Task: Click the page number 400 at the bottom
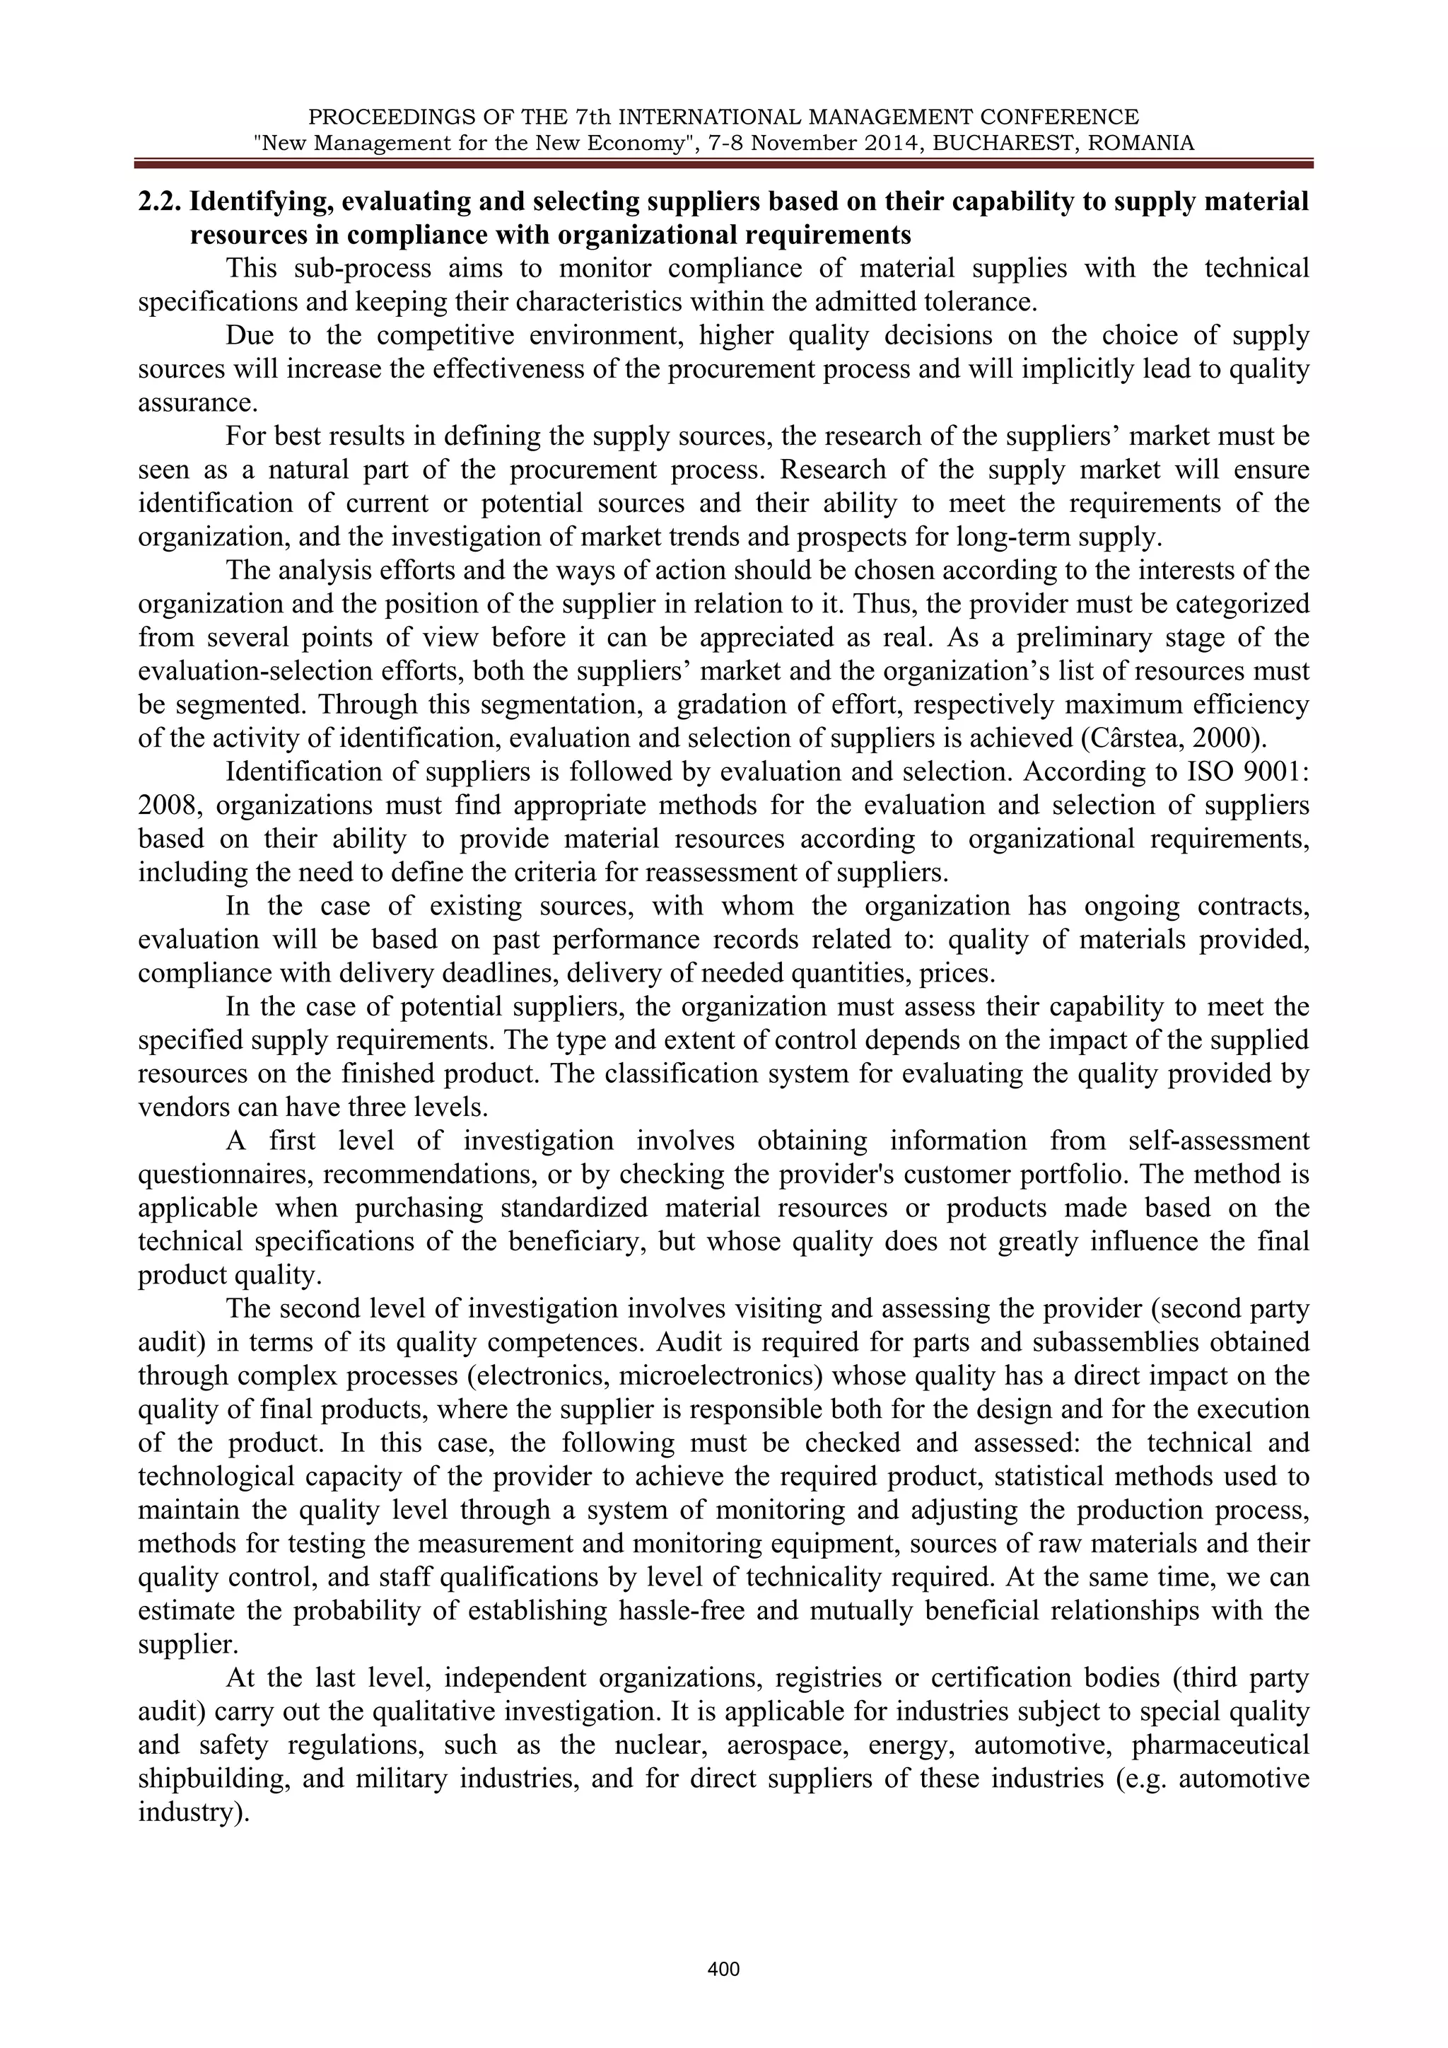click(723, 1970)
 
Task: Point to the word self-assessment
click(1219, 1141)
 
